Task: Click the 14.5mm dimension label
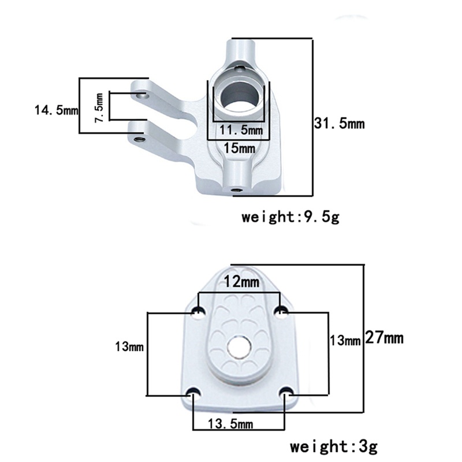(x=56, y=110)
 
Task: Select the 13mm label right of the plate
(x=345, y=340)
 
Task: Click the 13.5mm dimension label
(x=230, y=424)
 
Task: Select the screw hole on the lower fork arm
(x=139, y=139)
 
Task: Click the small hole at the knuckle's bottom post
(x=234, y=189)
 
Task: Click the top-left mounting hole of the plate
(x=198, y=312)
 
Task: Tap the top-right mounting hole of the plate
(x=281, y=312)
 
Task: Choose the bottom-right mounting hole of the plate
(x=287, y=394)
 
